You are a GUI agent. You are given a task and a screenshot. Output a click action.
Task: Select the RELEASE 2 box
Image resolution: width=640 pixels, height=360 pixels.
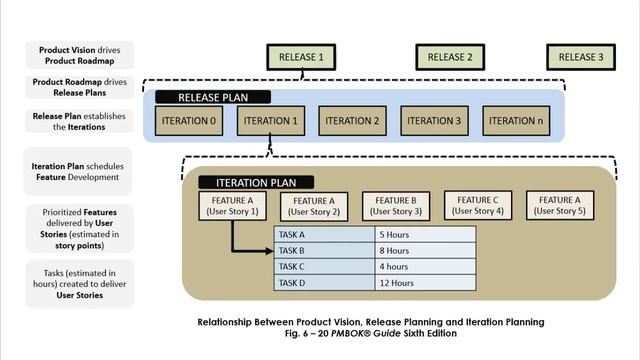point(449,57)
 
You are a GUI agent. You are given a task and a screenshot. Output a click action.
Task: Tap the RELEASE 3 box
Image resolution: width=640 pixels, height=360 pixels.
point(580,57)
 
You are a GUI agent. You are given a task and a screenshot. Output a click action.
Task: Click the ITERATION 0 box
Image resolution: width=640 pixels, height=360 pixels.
point(188,121)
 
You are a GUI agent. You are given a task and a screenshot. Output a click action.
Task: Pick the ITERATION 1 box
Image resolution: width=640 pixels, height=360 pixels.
point(270,121)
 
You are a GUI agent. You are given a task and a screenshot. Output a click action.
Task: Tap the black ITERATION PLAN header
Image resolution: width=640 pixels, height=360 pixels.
point(256,183)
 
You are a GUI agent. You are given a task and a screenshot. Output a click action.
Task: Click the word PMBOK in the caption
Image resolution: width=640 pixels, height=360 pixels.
point(383,334)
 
